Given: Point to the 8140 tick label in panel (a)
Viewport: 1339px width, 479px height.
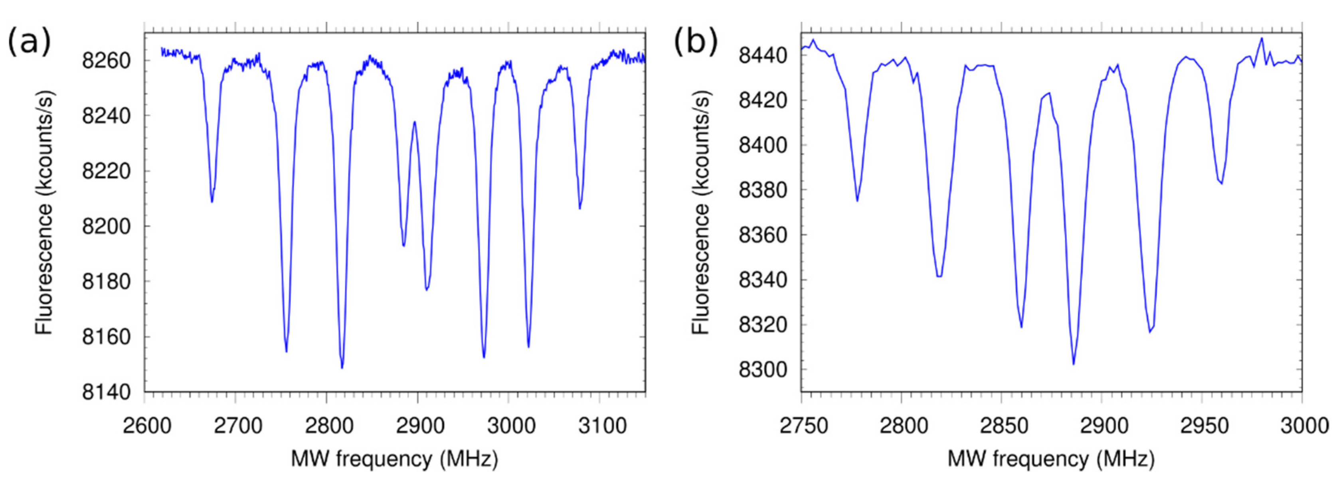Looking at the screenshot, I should click(105, 392).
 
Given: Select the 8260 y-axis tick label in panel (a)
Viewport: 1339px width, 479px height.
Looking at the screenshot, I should click(105, 61).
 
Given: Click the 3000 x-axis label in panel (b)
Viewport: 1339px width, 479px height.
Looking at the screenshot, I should click(1301, 426).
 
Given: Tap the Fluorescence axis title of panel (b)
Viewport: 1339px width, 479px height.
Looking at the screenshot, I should click(701, 213).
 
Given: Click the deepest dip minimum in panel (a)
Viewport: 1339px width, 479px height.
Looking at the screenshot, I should click(342, 368).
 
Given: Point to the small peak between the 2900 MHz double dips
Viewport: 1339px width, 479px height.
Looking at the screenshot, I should click(414, 122).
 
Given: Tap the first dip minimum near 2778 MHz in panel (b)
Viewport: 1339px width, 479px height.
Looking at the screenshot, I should click(857, 201).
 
